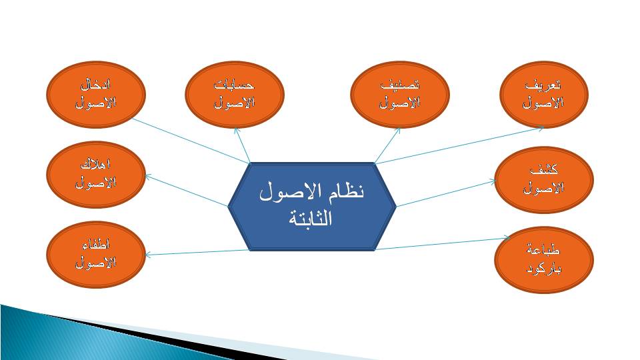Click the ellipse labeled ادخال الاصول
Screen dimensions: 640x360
click(x=96, y=94)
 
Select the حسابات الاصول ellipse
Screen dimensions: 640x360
click(x=234, y=94)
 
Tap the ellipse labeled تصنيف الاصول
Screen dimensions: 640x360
click(x=400, y=94)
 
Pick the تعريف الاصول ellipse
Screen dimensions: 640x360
click(x=544, y=94)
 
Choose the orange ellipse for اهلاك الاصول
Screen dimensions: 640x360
click(x=96, y=174)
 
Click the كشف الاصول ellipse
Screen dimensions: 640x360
click(x=544, y=179)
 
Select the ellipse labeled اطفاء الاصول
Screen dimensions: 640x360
click(x=96, y=254)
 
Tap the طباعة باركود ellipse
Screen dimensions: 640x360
click(x=544, y=259)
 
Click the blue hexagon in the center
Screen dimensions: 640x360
click(x=312, y=207)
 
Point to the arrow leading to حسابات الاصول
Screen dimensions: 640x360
click(x=242, y=145)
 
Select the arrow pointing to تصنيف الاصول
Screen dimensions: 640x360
click(x=387, y=145)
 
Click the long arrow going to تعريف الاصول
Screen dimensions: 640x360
click(x=459, y=146)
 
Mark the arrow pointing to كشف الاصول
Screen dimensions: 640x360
click(x=446, y=193)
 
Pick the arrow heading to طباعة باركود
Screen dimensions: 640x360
click(x=443, y=243)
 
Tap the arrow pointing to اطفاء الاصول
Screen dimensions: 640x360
click(x=197, y=253)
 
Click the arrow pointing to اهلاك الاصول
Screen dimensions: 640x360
click(x=186, y=191)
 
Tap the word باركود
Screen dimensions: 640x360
click(x=544, y=269)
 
